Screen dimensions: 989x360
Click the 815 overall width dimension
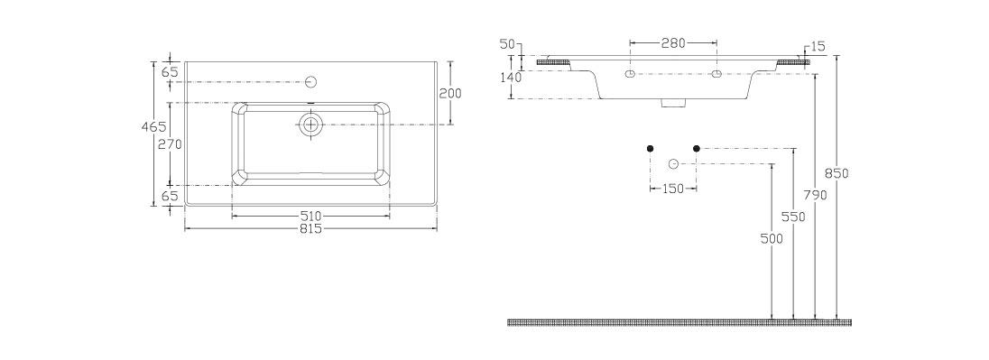click(x=310, y=228)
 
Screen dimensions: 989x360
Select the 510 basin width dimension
click(x=310, y=216)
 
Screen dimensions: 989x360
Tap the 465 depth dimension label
click(x=153, y=126)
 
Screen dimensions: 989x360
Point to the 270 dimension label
click(x=169, y=144)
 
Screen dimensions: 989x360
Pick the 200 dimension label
click(x=450, y=93)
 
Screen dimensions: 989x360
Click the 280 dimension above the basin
click(x=673, y=43)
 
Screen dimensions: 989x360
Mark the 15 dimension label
click(x=818, y=46)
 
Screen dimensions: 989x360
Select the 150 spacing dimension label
click(x=673, y=189)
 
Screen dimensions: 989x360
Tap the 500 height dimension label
click(x=772, y=239)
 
